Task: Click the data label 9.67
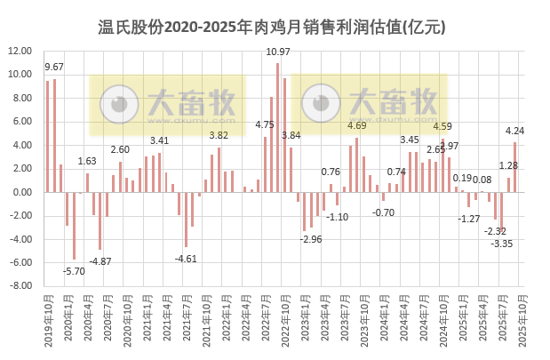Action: point(53,67)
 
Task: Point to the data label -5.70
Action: point(76,269)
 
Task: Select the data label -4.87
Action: point(100,260)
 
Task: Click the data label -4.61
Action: point(186,258)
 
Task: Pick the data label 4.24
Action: point(514,131)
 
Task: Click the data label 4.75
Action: point(264,125)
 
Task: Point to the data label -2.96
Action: point(310,239)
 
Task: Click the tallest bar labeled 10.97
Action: point(277,127)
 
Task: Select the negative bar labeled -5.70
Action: point(74,226)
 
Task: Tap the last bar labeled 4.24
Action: point(514,167)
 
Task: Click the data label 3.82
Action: point(219,135)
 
